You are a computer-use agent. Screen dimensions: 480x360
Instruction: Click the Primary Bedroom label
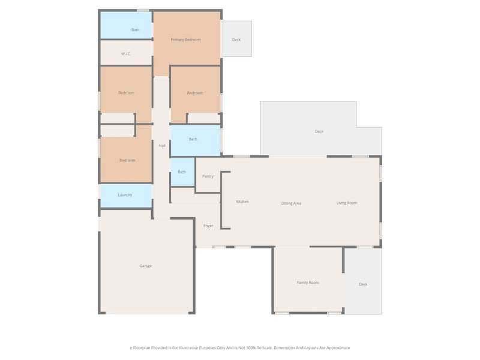point(185,40)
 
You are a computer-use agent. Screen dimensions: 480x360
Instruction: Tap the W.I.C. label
point(126,54)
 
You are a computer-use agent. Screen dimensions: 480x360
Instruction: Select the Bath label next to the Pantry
point(182,172)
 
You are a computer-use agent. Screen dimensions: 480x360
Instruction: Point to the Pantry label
point(208,176)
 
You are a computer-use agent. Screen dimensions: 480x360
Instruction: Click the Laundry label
point(125,195)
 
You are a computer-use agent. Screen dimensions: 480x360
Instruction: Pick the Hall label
point(162,146)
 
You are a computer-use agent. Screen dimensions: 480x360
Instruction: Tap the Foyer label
point(208,226)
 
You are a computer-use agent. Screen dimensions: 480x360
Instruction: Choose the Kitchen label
point(242,202)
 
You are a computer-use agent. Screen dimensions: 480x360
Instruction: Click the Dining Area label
point(291,203)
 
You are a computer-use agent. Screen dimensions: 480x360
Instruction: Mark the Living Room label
point(347,203)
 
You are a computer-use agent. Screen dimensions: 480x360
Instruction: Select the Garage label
point(145,266)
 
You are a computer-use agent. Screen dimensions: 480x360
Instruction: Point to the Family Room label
point(308,283)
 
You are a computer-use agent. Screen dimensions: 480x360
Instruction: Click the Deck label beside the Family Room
point(363,284)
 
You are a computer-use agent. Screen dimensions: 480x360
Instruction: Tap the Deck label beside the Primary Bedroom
point(236,40)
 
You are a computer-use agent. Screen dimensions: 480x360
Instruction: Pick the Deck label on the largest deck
point(319,131)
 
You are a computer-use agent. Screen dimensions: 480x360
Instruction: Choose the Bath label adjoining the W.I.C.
point(136,29)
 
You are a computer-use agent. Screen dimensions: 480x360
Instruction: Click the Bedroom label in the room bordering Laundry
point(127,160)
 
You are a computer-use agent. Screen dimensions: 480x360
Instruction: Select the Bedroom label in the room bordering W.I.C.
point(126,93)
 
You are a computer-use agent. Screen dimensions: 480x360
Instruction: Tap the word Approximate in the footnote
point(338,348)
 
